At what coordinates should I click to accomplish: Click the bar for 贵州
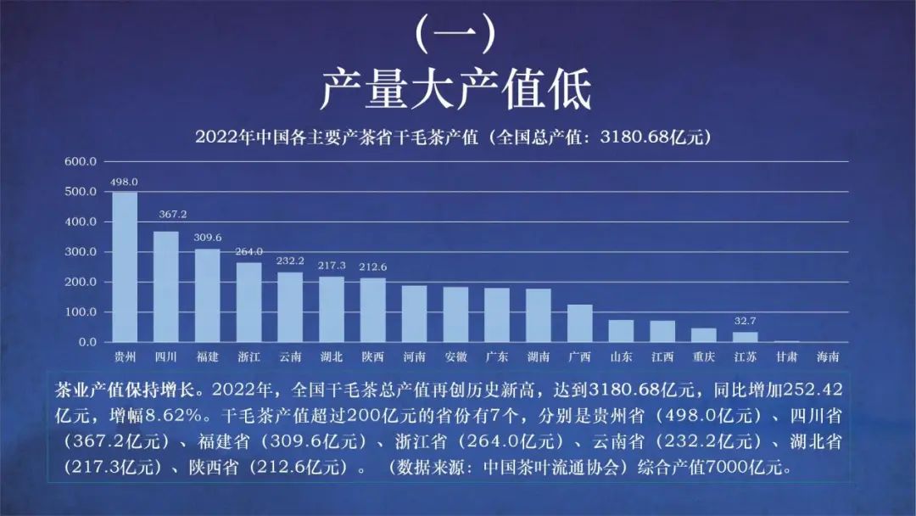[125, 267]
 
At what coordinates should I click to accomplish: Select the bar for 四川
[165, 287]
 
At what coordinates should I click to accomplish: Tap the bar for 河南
[414, 314]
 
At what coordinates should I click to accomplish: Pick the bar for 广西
[579, 323]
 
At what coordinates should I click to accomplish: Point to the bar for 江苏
[745, 337]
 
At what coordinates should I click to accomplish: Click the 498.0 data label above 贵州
[124, 182]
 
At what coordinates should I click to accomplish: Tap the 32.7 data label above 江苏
[745, 322]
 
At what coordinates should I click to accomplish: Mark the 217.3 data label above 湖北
[332, 266]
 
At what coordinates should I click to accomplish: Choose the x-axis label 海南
[828, 357]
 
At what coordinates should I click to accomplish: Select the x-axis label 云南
[290, 357]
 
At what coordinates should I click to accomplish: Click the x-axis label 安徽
[455, 357]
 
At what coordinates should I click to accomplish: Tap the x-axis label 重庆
[704, 357]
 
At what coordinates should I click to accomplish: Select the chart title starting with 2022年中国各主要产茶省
[452, 136]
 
